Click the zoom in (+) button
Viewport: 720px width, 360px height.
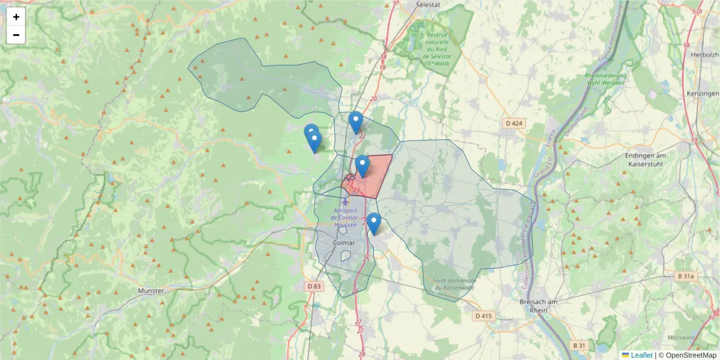16,17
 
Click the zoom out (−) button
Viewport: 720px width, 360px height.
16,35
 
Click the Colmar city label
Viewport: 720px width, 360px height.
344,243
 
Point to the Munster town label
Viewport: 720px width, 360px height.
151,290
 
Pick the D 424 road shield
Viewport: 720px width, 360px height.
515,124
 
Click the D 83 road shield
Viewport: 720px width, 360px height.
314,286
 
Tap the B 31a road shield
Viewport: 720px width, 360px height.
687,276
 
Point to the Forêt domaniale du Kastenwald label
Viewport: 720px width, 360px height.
449,284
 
